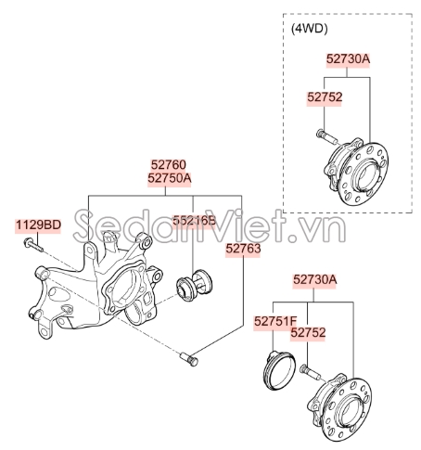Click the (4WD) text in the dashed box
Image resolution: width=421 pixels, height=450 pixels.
point(311,29)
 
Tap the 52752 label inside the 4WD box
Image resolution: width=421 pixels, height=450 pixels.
point(325,96)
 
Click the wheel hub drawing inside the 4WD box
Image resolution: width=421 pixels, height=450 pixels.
point(356,171)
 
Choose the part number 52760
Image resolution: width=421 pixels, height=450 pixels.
point(168,163)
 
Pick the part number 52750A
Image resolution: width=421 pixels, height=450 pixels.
point(168,177)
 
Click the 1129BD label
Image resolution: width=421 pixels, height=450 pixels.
point(37,225)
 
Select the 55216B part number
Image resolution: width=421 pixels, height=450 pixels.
point(192,221)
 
